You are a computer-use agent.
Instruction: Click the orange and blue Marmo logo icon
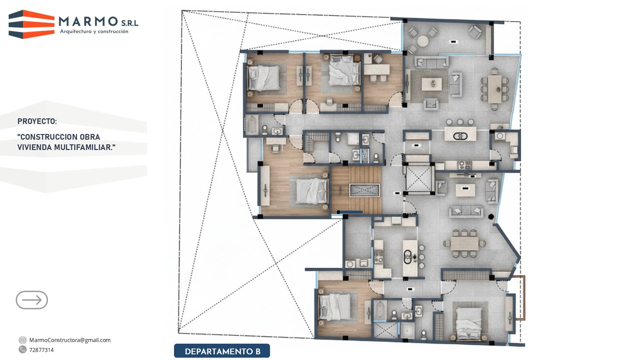tap(32, 24)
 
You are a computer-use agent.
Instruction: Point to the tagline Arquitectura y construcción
tap(94, 32)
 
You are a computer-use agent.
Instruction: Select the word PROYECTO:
tap(37, 121)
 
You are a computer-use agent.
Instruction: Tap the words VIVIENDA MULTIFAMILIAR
tap(66, 147)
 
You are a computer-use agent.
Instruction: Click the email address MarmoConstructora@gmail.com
tap(70, 340)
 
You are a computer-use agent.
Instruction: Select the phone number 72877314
tap(41, 350)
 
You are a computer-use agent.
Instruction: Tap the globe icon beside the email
tap(23, 340)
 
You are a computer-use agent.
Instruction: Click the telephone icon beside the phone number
tap(23, 349)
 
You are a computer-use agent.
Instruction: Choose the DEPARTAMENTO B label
tap(222, 351)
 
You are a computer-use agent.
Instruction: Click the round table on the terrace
tap(423, 41)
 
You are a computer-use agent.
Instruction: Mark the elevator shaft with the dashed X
tap(419, 179)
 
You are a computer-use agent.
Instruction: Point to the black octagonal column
tap(491, 217)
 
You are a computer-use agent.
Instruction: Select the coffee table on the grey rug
tap(432, 84)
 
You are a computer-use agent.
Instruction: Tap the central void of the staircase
tap(364, 190)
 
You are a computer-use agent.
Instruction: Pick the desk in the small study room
tap(377, 69)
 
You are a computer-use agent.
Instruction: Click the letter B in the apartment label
tap(258, 351)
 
